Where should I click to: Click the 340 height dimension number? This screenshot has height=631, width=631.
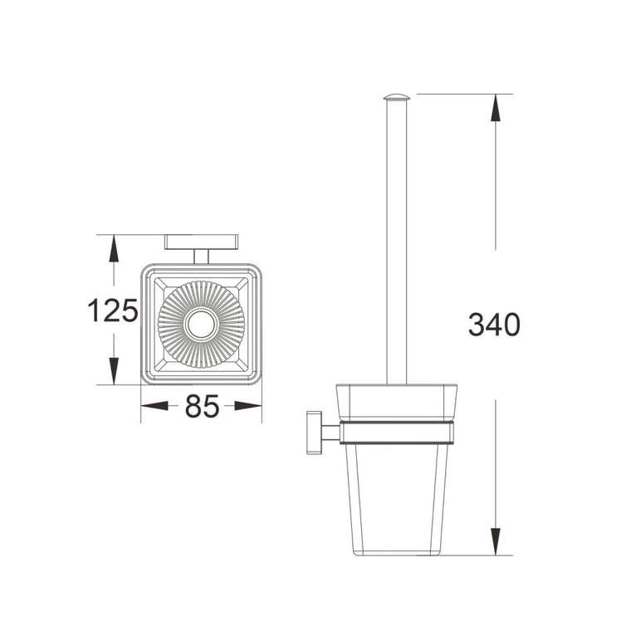pyautogui.click(x=494, y=325)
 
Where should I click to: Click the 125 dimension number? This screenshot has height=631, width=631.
pyautogui.click(x=113, y=311)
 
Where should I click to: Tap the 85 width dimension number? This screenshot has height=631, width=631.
pyautogui.click(x=202, y=406)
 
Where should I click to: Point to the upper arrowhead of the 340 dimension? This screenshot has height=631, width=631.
pyautogui.click(x=496, y=107)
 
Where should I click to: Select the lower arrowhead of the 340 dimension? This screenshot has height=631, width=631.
pyautogui.click(x=496, y=541)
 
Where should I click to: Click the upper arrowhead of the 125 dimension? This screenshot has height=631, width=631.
pyautogui.click(x=114, y=249)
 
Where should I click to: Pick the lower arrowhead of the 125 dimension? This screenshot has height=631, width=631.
pyautogui.click(x=114, y=371)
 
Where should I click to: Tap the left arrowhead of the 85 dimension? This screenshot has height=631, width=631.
pyautogui.click(x=154, y=406)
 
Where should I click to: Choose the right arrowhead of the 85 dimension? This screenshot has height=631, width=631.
pyautogui.click(x=248, y=406)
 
